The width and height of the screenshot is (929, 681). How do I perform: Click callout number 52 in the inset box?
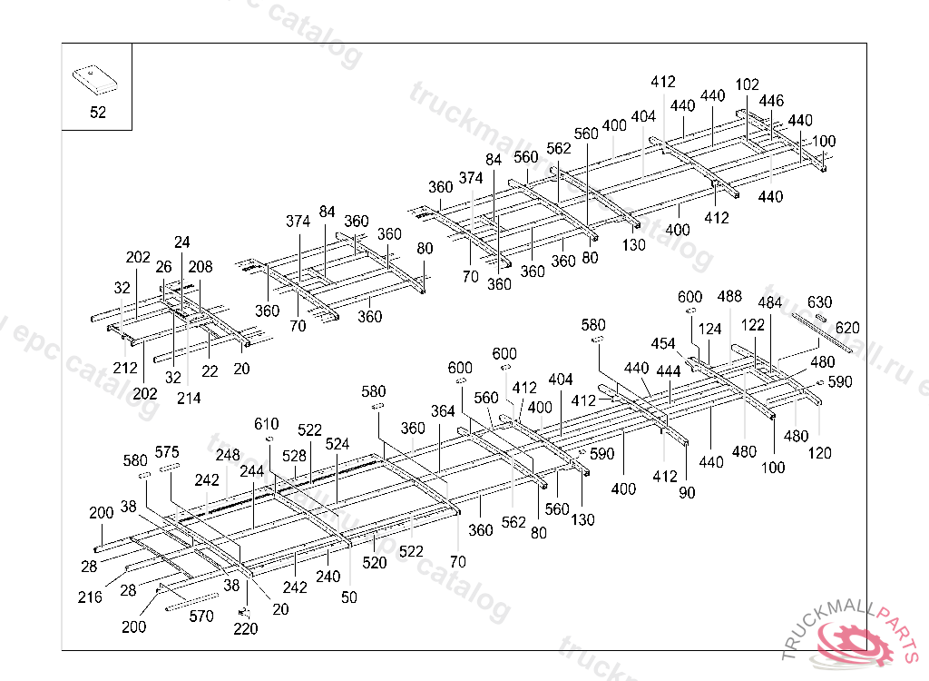pyautogui.click(x=97, y=113)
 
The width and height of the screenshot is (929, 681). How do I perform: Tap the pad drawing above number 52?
pyautogui.click(x=96, y=77)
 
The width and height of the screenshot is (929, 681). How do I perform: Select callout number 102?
pyautogui.click(x=747, y=84)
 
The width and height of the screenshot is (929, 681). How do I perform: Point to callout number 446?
pyautogui.click(x=771, y=101)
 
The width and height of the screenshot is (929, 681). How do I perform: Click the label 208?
pyautogui.click(x=200, y=267)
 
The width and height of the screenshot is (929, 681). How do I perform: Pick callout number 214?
pyautogui.click(x=189, y=398)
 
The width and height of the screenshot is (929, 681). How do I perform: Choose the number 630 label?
pyautogui.click(x=819, y=302)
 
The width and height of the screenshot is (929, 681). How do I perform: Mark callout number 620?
pyautogui.click(x=847, y=327)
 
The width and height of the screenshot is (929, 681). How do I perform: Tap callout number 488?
pyautogui.click(x=729, y=297)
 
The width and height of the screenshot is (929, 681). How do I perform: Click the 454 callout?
pyautogui.click(x=663, y=343)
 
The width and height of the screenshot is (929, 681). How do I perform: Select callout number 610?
pyautogui.click(x=266, y=424)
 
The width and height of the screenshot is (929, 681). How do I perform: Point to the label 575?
pyautogui.click(x=167, y=452)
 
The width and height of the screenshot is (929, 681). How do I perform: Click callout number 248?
pyautogui.click(x=228, y=455)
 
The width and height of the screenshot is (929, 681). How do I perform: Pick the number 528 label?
pyautogui.click(x=294, y=456)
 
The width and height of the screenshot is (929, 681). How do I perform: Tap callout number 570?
pyautogui.click(x=201, y=617)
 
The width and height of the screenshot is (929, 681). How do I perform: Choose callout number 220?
pyautogui.click(x=245, y=628)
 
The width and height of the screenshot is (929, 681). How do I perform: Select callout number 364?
pyautogui.click(x=443, y=411)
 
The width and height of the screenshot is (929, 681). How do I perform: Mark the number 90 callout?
pyautogui.click(x=687, y=493)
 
